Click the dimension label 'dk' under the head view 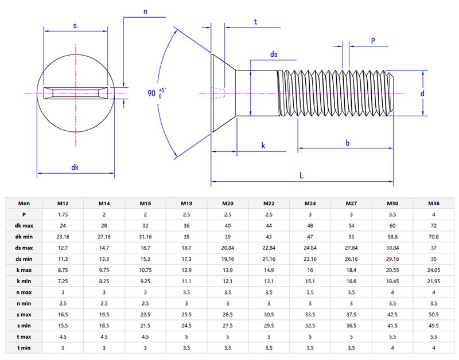(x=75, y=167)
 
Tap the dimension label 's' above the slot (x=75, y=26)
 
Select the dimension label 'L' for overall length (x=302, y=176)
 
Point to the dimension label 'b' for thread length (x=348, y=143)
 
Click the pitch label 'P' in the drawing (x=373, y=41)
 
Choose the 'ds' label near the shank (x=274, y=54)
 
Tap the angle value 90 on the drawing (x=151, y=93)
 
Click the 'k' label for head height (x=263, y=146)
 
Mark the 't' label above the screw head (x=255, y=21)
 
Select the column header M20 (x=228, y=203)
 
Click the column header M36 (x=434, y=203)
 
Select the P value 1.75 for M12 (x=63, y=214)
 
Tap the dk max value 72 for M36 (x=434, y=225)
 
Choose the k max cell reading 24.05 (x=434, y=269)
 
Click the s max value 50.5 (x=434, y=315)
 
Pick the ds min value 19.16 (x=228, y=258)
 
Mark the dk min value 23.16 (x=63, y=236)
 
